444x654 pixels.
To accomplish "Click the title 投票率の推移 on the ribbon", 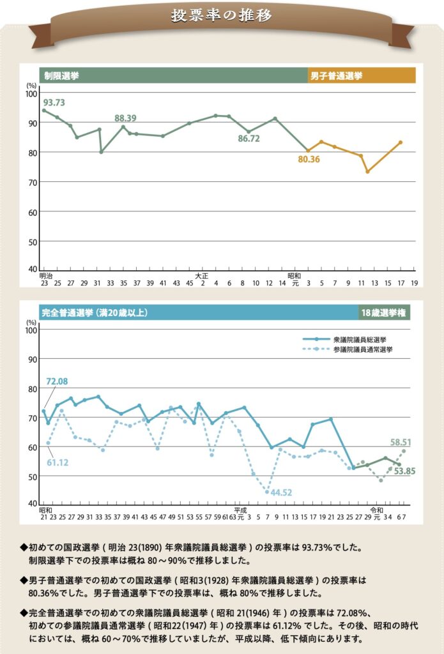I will (x=221, y=16).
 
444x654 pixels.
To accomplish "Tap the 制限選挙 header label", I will (x=62, y=75).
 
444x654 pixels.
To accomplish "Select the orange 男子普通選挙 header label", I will (x=336, y=75).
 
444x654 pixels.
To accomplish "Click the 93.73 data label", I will (x=54, y=102).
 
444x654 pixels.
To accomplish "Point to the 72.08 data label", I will (x=57, y=381).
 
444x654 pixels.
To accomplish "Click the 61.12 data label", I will (x=57, y=462).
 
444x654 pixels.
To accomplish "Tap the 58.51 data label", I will (x=401, y=441).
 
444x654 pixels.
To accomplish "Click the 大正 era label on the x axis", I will (x=202, y=276).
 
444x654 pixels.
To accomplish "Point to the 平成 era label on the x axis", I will (x=240, y=510).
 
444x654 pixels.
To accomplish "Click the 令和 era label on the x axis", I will (x=377, y=510).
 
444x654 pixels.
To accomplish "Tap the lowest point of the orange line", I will (x=367, y=172).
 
